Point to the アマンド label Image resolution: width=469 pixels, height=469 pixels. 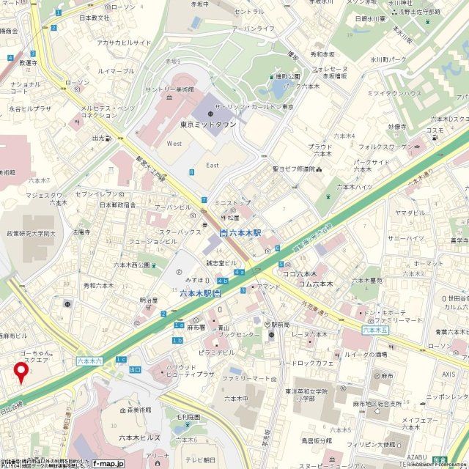268,287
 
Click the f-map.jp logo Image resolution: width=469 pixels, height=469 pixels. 108,463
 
